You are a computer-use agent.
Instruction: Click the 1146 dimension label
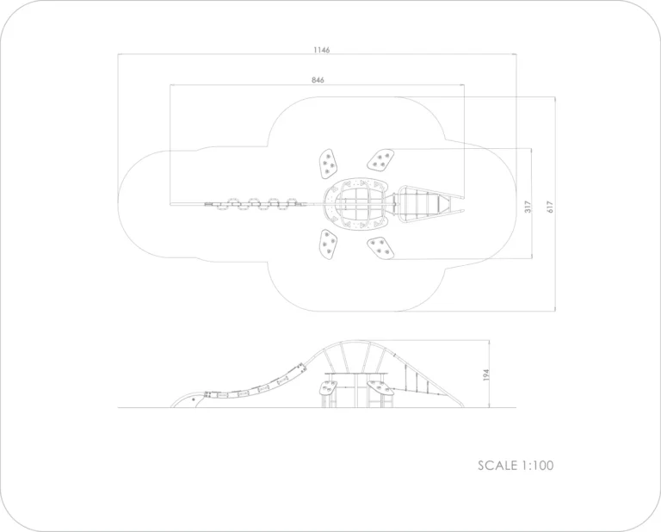click(x=322, y=50)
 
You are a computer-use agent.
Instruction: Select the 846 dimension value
click(x=318, y=80)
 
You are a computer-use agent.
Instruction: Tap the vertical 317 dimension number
click(x=528, y=207)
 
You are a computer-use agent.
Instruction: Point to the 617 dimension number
click(x=550, y=207)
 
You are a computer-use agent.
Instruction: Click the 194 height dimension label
click(x=486, y=374)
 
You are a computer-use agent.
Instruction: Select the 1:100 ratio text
click(x=537, y=466)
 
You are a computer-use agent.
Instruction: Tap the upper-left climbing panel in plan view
click(x=329, y=164)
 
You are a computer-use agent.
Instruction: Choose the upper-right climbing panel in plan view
click(x=380, y=160)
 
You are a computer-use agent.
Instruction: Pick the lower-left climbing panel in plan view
click(x=328, y=244)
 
